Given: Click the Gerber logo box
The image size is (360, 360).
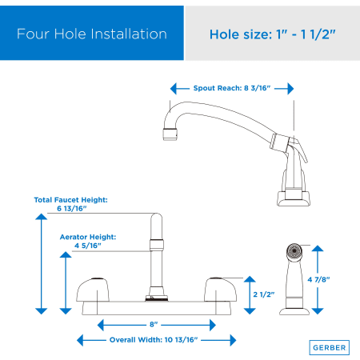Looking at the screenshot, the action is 330,347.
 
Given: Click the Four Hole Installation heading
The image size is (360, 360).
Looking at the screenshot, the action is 92,34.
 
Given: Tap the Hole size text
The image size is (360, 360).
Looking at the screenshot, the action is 272,34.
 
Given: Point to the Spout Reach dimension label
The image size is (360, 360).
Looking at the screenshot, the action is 232,88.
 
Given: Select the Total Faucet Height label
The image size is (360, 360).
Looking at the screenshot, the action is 71,204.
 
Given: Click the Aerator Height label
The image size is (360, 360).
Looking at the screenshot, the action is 88,241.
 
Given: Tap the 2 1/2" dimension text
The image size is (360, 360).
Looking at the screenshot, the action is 264,294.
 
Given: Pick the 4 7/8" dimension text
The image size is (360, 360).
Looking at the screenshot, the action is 318,279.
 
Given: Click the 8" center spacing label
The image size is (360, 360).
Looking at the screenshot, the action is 154,324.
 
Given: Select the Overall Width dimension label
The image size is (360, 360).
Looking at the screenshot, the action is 154,340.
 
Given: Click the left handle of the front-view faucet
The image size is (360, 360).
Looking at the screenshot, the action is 93,290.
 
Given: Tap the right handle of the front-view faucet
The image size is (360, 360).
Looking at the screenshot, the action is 220,290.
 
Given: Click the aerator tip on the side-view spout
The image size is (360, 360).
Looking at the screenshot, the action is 170,134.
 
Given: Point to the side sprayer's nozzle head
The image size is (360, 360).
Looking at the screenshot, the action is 294,251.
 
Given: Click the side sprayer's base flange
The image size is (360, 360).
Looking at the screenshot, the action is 294,311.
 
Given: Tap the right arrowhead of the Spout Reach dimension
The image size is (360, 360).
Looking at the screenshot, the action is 290,88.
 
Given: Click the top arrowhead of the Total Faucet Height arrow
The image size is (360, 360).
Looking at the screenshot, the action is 42,217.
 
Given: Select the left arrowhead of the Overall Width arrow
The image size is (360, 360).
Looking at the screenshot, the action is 80,340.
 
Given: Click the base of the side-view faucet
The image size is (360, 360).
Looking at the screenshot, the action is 294,198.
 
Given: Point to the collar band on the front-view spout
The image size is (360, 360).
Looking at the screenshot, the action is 157,245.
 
